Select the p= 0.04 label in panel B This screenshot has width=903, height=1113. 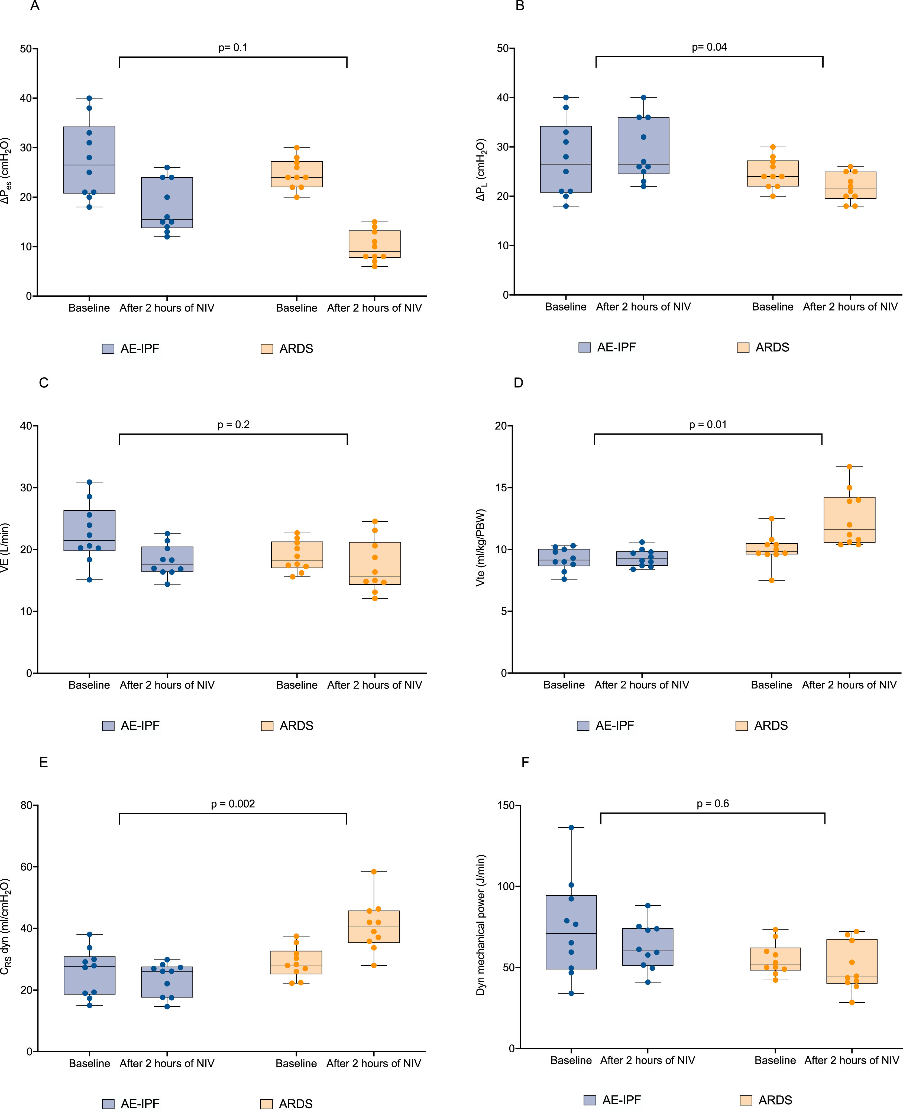click(709, 47)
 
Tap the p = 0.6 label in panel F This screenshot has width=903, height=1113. click(713, 804)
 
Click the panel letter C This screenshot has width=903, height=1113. click(44, 383)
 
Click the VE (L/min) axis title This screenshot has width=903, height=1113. click(5, 549)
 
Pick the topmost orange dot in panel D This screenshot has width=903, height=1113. click(849, 467)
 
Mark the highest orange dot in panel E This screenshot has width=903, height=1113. click(374, 872)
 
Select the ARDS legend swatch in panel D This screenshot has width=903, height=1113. click(742, 726)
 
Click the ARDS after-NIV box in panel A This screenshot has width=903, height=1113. click(374, 244)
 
